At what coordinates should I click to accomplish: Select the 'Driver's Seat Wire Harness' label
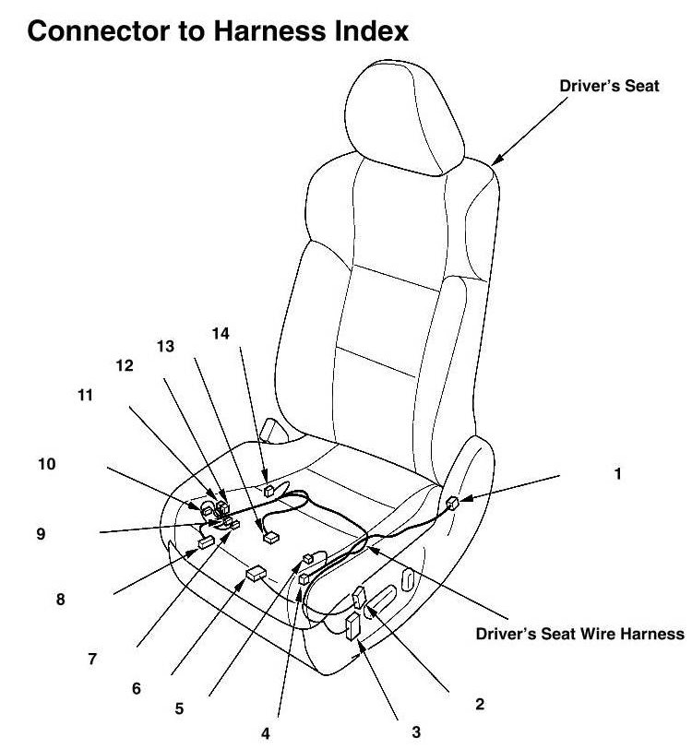coord(579,634)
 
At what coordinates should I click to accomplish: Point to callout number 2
coord(479,705)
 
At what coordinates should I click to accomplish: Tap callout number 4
coord(266,734)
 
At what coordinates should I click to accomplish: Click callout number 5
coord(179,708)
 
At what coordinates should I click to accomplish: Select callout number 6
coord(137,688)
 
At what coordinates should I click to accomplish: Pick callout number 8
coord(61,599)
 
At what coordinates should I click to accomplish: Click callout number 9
coord(40,532)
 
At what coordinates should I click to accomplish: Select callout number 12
coord(125,364)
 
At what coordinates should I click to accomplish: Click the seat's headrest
coord(396,111)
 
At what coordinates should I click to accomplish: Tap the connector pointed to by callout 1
coord(452,504)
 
